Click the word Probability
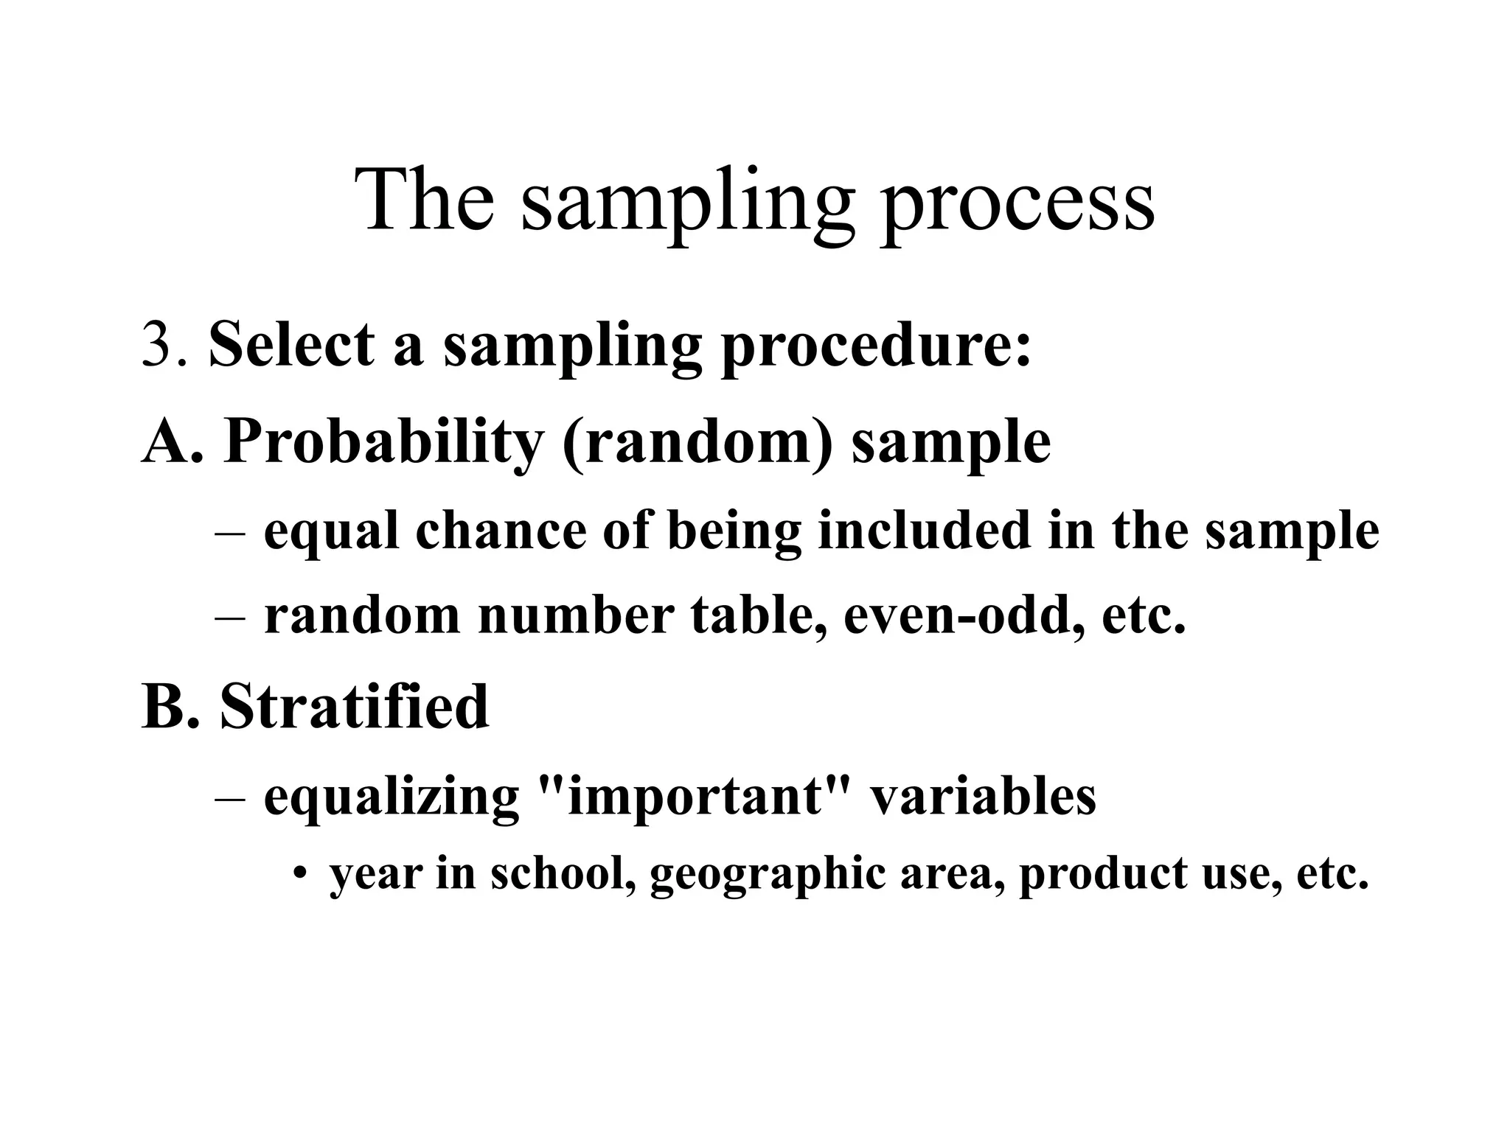point(382,442)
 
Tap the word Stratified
point(354,706)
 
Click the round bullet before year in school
point(299,875)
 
